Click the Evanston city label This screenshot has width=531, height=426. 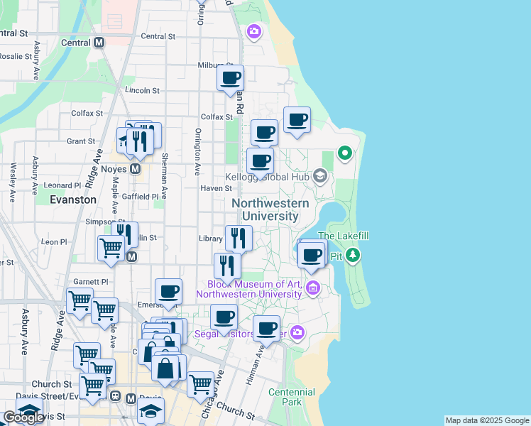click(73, 200)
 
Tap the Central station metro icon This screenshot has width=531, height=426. click(99, 42)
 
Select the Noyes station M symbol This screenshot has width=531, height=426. click(135, 169)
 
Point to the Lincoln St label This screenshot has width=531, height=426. click(142, 91)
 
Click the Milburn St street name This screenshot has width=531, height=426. click(214, 65)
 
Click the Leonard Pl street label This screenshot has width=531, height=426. click(58, 185)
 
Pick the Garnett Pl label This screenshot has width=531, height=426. click(94, 281)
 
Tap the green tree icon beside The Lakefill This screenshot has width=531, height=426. click(354, 255)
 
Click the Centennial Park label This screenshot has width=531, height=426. click(292, 397)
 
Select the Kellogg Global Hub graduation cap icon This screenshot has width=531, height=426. click(320, 175)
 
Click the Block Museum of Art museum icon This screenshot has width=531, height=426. click(312, 288)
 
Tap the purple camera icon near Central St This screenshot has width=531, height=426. click(253, 31)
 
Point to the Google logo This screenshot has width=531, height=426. click(23, 417)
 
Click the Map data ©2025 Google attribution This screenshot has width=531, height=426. click(486, 420)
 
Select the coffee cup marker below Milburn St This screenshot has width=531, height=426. click(230, 79)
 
